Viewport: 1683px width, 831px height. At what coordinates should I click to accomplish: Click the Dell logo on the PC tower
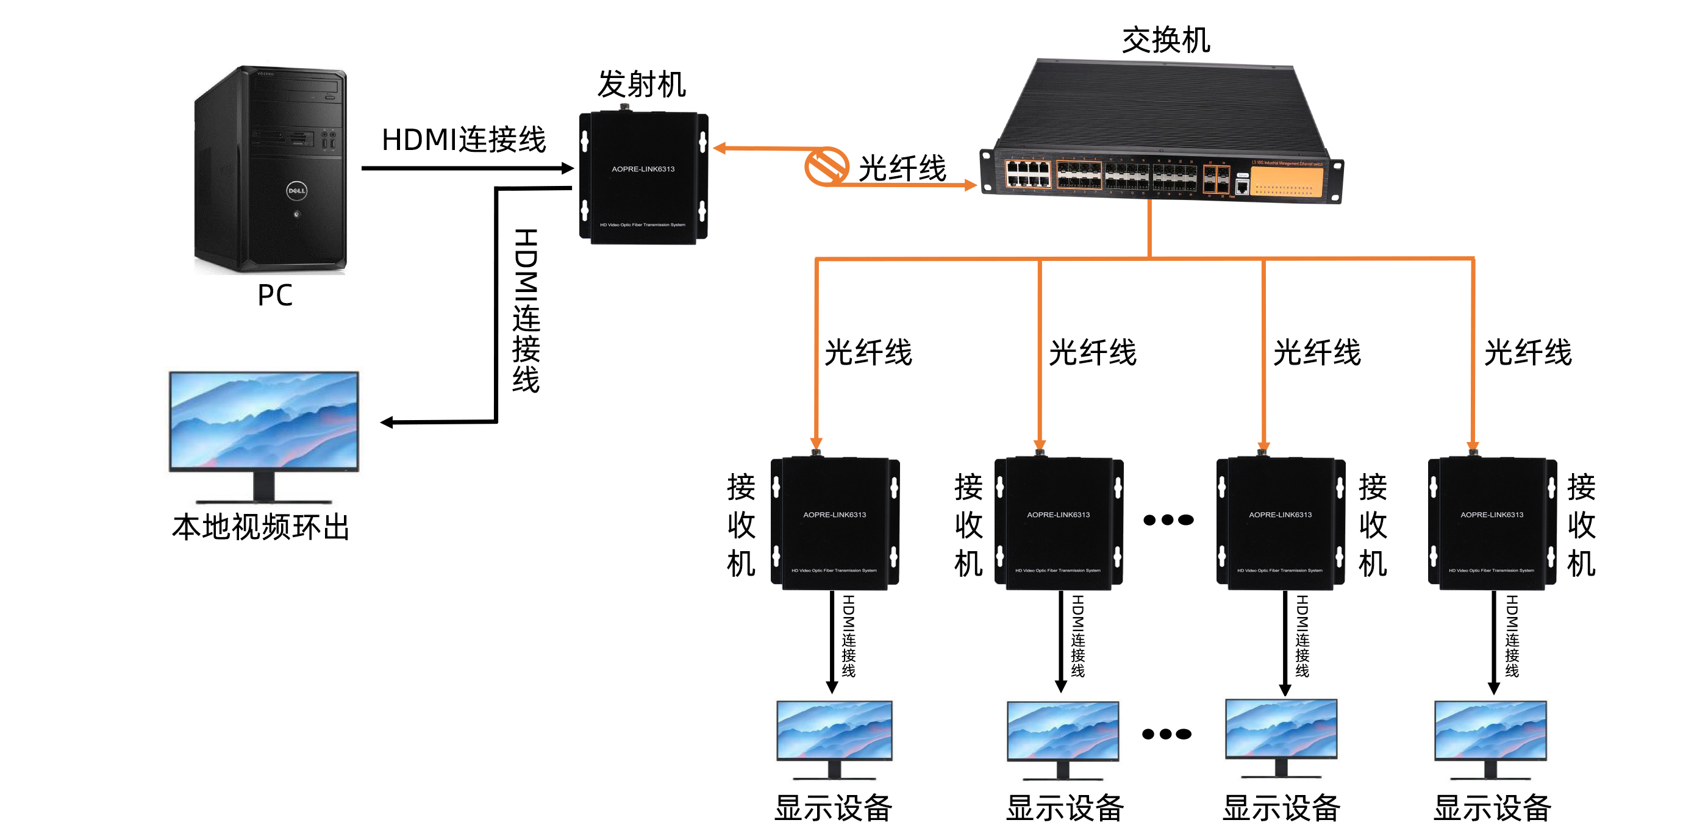(296, 191)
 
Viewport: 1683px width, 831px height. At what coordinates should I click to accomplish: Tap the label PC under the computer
(274, 295)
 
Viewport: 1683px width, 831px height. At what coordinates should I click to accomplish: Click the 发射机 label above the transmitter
(641, 84)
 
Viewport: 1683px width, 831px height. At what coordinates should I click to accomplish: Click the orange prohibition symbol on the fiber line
(826, 166)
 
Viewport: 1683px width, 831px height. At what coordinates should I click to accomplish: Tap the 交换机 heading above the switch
(1165, 40)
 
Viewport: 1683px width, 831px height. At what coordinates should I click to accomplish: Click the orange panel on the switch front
(1286, 181)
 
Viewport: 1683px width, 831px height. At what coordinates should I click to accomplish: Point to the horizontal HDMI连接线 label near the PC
(463, 140)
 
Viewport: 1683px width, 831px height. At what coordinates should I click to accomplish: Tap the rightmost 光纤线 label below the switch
(1528, 353)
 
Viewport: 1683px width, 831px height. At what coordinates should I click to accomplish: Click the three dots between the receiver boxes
(1168, 520)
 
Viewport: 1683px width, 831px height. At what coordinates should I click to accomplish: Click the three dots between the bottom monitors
(1166, 733)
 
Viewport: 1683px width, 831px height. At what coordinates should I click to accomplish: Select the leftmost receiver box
(834, 522)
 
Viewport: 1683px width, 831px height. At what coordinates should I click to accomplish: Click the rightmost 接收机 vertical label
(1581, 524)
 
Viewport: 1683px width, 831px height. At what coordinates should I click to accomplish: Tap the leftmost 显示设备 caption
(833, 807)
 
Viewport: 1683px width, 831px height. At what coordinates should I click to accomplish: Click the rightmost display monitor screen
(1490, 730)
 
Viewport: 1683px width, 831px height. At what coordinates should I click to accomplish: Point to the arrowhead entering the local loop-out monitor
(387, 423)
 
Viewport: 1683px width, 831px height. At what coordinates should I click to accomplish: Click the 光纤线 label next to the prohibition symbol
(902, 168)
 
